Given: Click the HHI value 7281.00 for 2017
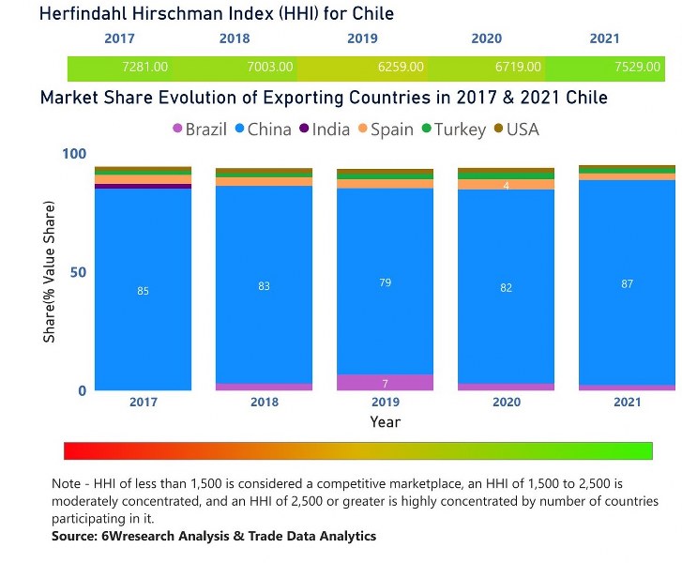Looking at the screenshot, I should pyautogui.click(x=144, y=68).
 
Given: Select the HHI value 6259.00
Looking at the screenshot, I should pyautogui.click(x=400, y=68).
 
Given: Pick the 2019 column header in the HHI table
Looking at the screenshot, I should pyautogui.click(x=362, y=39).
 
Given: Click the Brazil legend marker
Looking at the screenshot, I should pyautogui.click(x=177, y=129).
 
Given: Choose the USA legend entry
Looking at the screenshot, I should pyautogui.click(x=515, y=129).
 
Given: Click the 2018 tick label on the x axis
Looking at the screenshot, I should pyautogui.click(x=265, y=402).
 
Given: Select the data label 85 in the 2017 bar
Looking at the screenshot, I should pyautogui.click(x=143, y=291).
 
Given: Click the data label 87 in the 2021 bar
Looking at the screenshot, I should pyautogui.click(x=628, y=283).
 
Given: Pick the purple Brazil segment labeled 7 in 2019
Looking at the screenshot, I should pyautogui.click(x=385, y=383).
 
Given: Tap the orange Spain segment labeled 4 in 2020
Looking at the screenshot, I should pyautogui.click(x=507, y=185).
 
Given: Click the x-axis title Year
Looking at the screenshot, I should pyautogui.click(x=385, y=422).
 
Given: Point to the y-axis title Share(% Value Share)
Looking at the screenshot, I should pyautogui.click(x=49, y=272).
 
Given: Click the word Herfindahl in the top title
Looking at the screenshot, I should pyautogui.click(x=86, y=13).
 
